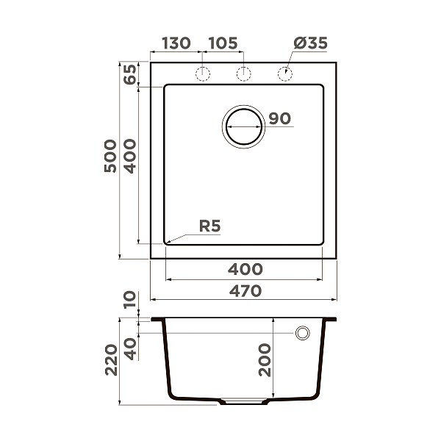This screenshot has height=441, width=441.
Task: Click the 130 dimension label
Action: click(176, 43)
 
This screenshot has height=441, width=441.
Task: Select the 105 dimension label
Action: click(223, 43)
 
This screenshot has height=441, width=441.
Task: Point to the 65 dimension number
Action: click(130, 76)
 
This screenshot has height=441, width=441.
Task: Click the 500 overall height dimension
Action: click(110, 156)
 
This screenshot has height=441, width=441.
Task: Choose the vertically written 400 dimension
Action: click(130, 156)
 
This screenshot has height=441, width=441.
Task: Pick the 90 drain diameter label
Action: click(280, 118)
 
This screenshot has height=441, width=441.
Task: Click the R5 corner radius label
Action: click(209, 226)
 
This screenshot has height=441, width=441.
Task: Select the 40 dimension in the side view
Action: click(130, 348)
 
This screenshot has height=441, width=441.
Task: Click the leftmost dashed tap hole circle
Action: click(203, 73)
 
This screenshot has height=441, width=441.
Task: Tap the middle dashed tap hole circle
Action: click(243, 73)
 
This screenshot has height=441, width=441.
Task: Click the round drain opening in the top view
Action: click(243, 126)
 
